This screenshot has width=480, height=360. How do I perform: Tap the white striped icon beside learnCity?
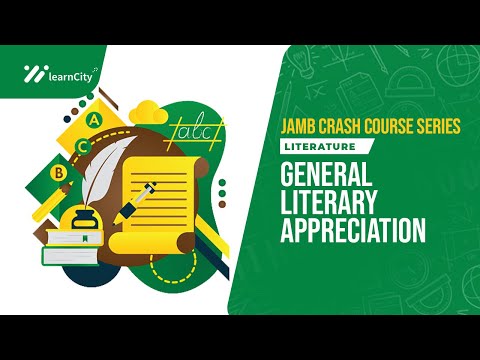coord(32,72)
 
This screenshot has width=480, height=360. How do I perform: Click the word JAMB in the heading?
coord(283,128)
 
